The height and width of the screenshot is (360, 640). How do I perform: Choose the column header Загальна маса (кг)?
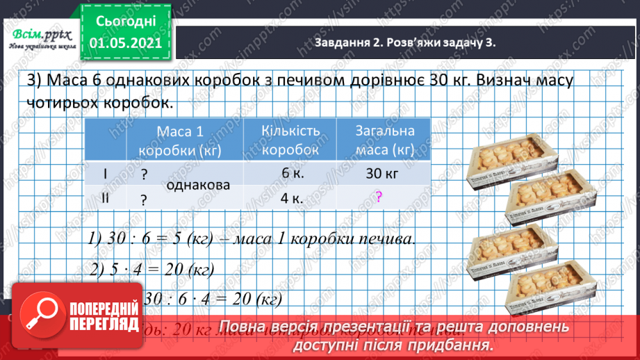(384, 140)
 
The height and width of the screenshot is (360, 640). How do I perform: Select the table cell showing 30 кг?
(381, 175)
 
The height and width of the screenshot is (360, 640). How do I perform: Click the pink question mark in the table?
(379, 197)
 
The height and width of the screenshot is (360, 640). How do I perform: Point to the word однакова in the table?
(198, 186)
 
